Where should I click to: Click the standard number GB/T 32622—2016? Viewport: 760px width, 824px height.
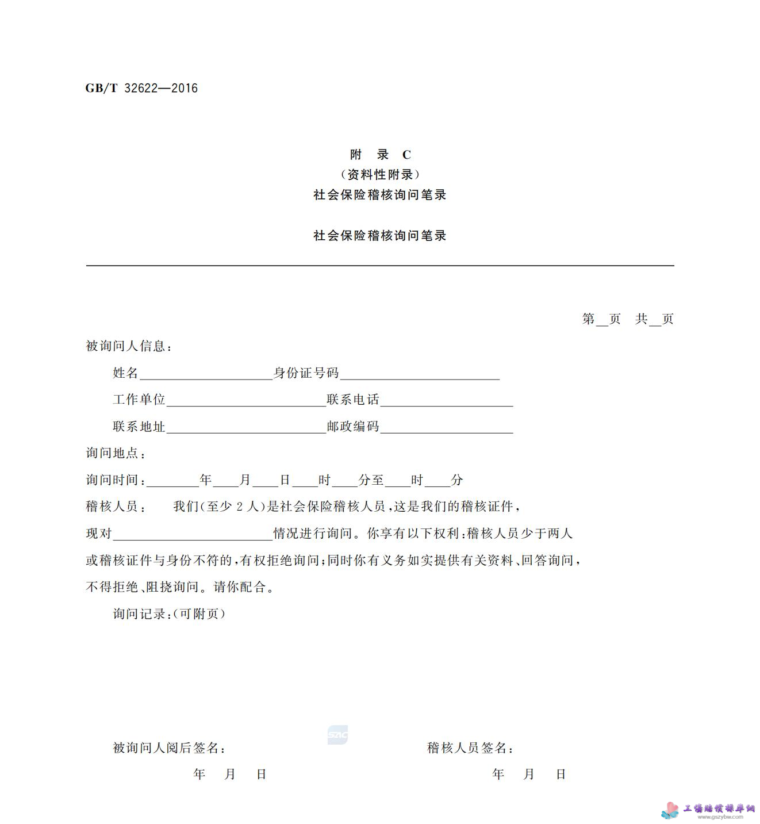coord(141,88)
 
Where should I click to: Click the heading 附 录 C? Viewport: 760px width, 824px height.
coord(380,155)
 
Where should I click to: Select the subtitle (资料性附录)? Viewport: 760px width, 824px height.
coord(380,174)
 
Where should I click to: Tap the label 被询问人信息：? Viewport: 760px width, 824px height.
coord(129,346)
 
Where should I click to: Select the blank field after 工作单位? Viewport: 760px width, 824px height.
coord(246,401)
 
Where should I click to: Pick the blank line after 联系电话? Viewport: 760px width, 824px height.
coord(446,401)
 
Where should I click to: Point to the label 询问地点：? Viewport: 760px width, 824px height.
coord(116,453)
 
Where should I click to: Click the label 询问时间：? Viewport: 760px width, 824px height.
coord(116,480)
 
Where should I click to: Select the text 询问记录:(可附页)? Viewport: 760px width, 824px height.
coord(169,614)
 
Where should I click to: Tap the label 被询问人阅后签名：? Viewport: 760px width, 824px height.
coord(170,748)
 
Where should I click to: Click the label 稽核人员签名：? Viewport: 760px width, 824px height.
coord(470,748)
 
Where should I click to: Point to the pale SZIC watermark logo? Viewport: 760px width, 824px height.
coord(337,735)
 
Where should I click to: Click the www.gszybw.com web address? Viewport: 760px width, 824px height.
coord(720,817)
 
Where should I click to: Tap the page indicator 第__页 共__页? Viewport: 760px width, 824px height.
coord(627,319)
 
